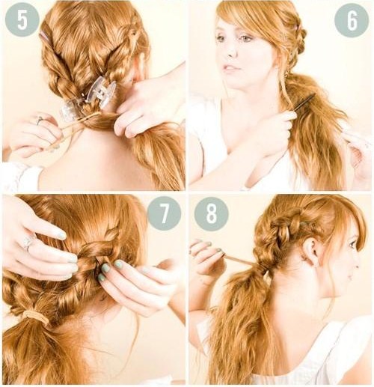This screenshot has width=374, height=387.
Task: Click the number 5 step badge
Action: pyautogui.click(x=22, y=20)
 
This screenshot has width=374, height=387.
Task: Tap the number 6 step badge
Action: pyautogui.click(x=352, y=20)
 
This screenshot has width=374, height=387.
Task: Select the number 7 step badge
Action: pyautogui.click(x=164, y=213)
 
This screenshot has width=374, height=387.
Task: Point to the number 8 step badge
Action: pyautogui.click(x=211, y=214)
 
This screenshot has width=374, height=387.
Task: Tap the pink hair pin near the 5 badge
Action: pyautogui.click(x=44, y=36)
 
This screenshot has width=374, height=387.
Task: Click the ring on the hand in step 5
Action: pyautogui.click(x=40, y=121)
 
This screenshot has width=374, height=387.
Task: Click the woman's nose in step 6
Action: pyautogui.click(x=230, y=51)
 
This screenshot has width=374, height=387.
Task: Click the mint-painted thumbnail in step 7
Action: pyautogui.click(x=105, y=268)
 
